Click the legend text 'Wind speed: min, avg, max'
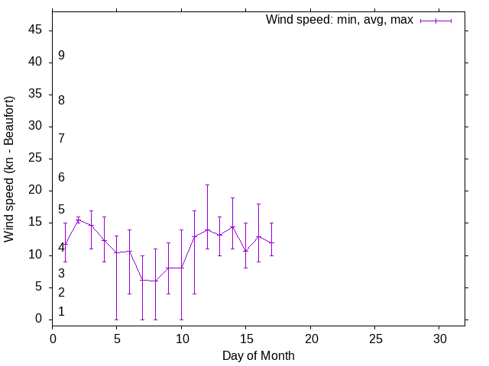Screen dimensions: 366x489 point(338,20)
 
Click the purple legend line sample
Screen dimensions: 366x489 point(436,21)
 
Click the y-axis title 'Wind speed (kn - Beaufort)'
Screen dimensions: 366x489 point(9,169)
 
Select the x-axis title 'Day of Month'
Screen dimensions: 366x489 point(258,355)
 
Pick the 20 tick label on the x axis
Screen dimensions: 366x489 point(310,337)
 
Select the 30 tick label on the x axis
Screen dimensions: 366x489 point(439,337)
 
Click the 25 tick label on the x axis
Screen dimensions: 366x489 point(374,337)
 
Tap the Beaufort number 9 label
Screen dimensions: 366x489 point(61,56)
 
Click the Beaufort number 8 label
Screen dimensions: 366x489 point(61,100)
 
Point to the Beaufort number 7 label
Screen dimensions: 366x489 point(61,138)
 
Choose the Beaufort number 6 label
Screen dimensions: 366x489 point(61,178)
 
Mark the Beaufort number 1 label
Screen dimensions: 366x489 point(61,311)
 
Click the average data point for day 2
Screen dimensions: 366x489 point(78,220)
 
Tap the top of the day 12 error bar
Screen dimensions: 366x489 point(207,185)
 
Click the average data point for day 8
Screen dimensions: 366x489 point(155,281)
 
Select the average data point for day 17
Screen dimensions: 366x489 point(271,242)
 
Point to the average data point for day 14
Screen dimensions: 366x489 point(233,226)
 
